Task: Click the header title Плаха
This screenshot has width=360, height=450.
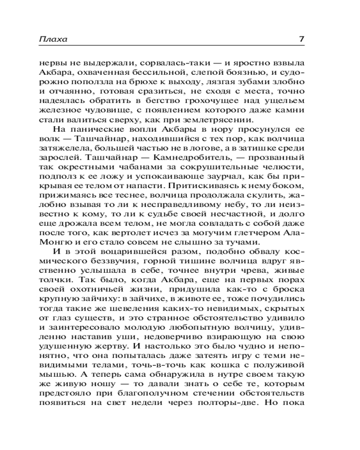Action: pos(53,39)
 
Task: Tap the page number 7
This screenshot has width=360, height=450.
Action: pos(301,39)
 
